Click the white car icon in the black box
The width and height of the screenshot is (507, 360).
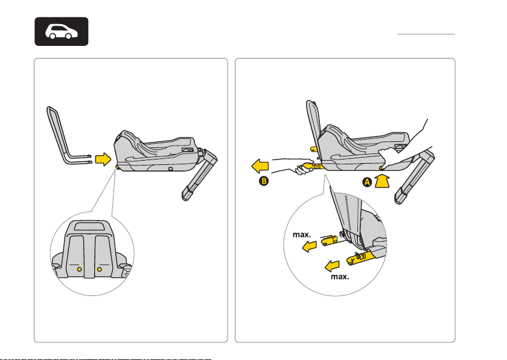62,31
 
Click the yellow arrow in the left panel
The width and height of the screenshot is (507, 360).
103,159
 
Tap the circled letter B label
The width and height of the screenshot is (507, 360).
264,181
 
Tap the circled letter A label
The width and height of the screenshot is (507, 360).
367,182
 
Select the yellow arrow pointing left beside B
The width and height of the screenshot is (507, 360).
260,166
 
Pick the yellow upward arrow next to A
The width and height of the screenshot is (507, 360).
382,181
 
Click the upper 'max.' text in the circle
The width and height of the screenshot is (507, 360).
302,234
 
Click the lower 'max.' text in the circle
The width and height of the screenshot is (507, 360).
340,277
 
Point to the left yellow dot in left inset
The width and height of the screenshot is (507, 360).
79,269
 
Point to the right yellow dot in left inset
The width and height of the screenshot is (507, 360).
99,269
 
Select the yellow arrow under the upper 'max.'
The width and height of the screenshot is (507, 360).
310,247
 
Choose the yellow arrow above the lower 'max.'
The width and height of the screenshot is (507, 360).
332,266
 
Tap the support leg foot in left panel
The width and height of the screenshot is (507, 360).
188,194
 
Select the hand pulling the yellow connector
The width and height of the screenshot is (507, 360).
303,169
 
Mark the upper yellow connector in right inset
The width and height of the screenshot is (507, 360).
330,240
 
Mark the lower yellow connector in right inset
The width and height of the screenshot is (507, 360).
360,258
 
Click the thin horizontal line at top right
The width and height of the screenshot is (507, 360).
426,34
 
